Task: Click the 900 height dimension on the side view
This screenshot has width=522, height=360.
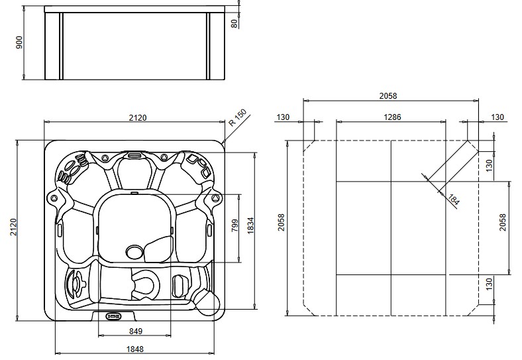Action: tap(19, 43)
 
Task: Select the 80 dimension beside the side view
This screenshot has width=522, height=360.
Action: tap(234, 23)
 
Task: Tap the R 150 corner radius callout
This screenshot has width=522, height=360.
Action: tap(236, 120)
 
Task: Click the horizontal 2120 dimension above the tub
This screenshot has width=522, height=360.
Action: tap(137, 117)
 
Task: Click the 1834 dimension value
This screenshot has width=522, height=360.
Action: tap(250, 227)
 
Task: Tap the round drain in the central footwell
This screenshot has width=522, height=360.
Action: tap(134, 251)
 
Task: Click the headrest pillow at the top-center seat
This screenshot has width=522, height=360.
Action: tap(135, 156)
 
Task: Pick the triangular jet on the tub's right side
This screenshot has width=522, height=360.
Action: tap(215, 196)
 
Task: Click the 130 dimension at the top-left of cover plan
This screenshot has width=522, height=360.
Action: tap(284, 117)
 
